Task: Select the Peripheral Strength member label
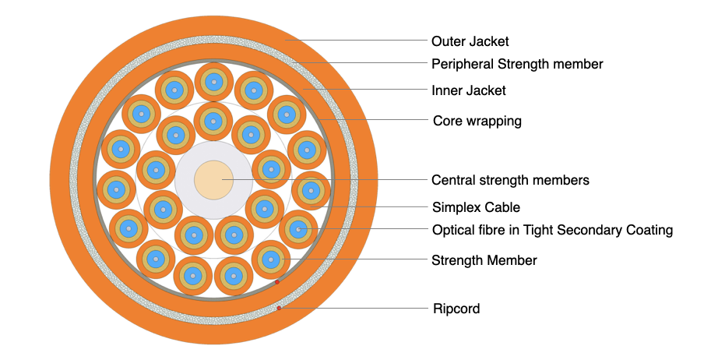pos(517,63)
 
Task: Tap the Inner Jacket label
pos(468,90)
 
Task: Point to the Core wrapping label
pos(477,121)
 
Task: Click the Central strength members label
pos(510,180)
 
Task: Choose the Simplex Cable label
pos(475,207)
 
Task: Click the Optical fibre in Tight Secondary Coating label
pos(552,230)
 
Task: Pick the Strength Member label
pos(484,259)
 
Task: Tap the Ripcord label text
pos(456,309)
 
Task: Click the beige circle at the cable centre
pos(213,180)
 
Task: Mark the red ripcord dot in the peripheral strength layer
pos(279,308)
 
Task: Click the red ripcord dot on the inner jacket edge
pos(276,282)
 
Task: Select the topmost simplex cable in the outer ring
pos(213,82)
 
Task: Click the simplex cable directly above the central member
pos(213,120)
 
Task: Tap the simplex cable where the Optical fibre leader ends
pos(297,229)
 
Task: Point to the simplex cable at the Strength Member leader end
pos(271,258)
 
